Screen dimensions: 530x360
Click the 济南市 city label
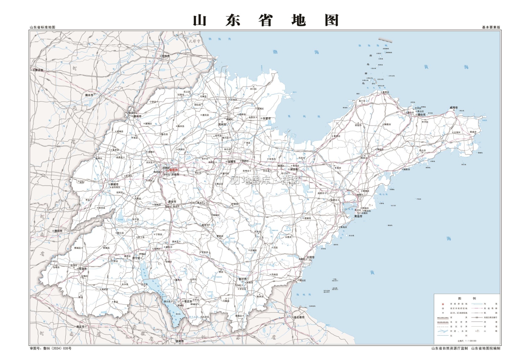pyautogui.click(x=175, y=175)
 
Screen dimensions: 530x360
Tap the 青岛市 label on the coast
pyautogui.click(x=358, y=216)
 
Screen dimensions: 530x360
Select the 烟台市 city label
pyautogui.click(x=422, y=115)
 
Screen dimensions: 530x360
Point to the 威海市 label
pyautogui.click(x=454, y=108)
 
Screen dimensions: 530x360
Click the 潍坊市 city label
pyautogui.click(x=294, y=169)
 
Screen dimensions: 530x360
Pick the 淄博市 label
pyautogui.click(x=231, y=162)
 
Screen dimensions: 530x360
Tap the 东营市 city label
pyautogui.click(x=266, y=118)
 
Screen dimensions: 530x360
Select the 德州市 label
pyautogui.click(x=137, y=116)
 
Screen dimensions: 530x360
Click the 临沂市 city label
pyautogui.click(x=243, y=279)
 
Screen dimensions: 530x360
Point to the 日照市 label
pyautogui.click(x=310, y=257)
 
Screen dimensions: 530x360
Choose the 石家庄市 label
pyautogui.click(x=38, y=70)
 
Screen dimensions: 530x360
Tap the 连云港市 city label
pyautogui.click(x=299, y=317)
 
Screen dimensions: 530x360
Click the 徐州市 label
pyautogui.click(x=180, y=341)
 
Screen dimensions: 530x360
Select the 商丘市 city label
pyautogui.click(x=81, y=326)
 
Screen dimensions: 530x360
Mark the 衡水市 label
pyautogui.click(x=89, y=95)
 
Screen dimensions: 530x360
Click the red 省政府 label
pyautogui.click(x=174, y=170)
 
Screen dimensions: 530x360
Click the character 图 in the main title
pyautogui.click(x=332, y=20)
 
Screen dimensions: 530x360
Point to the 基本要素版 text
pyautogui.click(x=491, y=27)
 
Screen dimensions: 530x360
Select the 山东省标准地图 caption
pyautogui.click(x=42, y=27)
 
